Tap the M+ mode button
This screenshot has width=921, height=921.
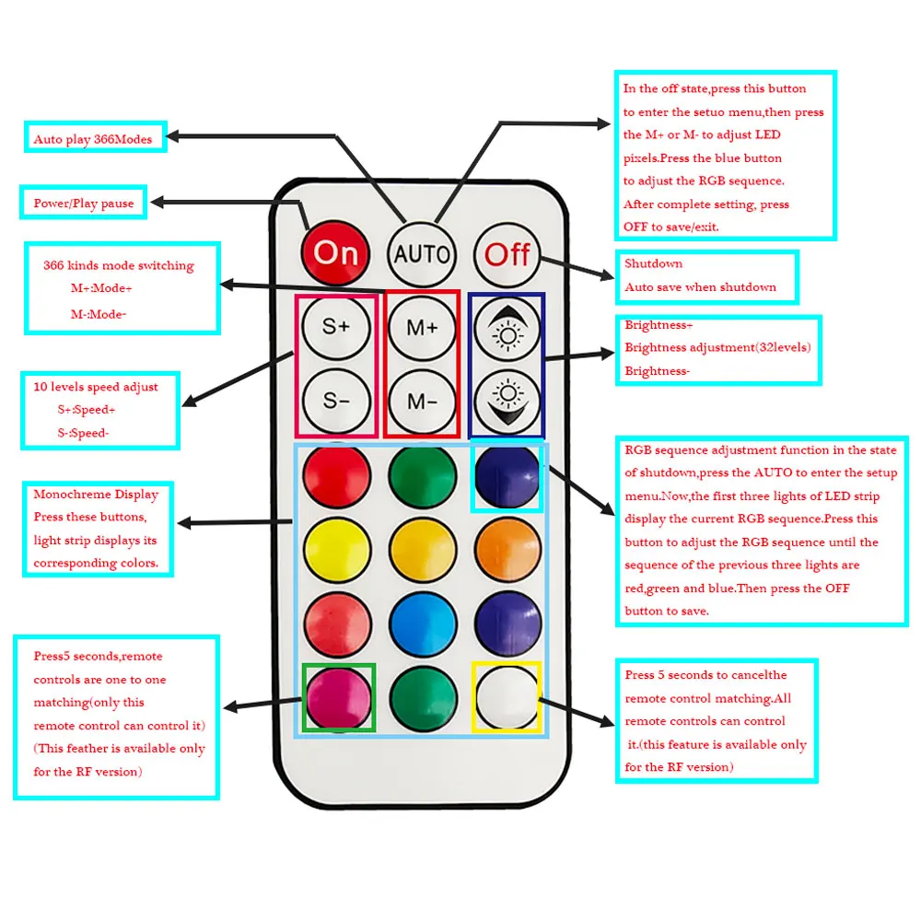pos(422,327)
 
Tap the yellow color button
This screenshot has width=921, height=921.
pos(336,550)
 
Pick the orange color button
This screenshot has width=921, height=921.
pos(507,550)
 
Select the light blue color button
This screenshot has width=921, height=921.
pos(423,624)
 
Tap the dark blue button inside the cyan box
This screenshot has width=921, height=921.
pos(507,476)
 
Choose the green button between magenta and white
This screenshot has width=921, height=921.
pos(423,698)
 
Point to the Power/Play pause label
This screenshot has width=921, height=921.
pos(84,204)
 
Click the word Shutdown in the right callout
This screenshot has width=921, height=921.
pos(654,264)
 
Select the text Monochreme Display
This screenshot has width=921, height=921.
pos(96,495)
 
